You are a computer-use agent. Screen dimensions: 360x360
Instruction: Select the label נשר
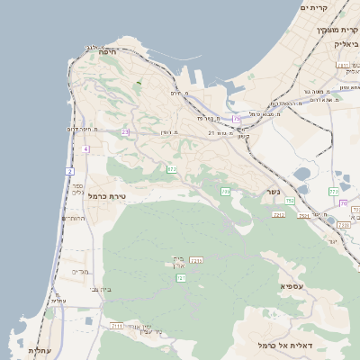tap(273, 192)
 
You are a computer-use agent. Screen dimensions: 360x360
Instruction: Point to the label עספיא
tap(292, 286)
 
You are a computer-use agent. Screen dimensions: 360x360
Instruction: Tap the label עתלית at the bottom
tap(39, 350)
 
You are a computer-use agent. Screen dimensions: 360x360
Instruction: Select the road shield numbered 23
tap(126, 133)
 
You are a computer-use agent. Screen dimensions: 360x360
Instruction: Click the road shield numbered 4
tap(85, 148)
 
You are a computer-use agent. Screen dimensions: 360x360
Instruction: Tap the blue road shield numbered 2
tap(69, 171)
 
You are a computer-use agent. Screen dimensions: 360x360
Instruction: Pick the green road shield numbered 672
tap(171, 169)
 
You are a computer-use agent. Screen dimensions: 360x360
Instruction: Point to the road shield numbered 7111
tap(116, 325)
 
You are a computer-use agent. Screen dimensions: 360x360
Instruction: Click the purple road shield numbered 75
tap(237, 118)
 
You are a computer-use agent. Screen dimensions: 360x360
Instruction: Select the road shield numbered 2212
tap(278, 214)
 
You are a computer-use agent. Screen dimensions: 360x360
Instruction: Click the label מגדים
tap(79, 272)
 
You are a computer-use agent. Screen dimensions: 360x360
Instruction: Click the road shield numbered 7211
tap(196, 261)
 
